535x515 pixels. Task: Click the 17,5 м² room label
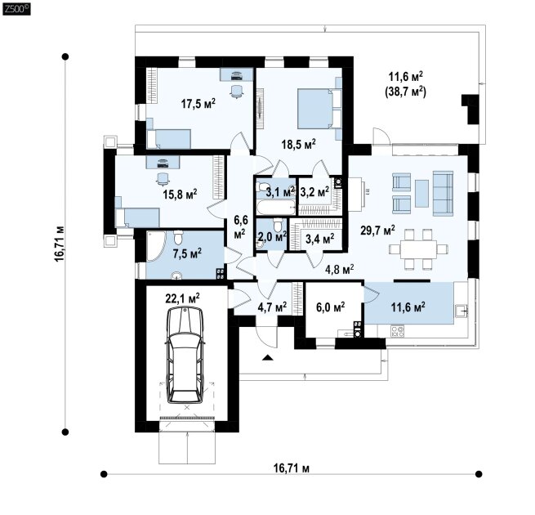coord(198,104)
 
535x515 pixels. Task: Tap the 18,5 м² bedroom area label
coord(298,142)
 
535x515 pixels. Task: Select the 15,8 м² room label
coord(180,194)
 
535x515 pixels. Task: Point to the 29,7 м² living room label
coord(377,230)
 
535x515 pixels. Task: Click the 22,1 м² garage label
coord(183,299)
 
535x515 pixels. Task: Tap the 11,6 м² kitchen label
coord(408,307)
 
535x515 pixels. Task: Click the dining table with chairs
coord(419,248)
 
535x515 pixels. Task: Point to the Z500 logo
coord(16,8)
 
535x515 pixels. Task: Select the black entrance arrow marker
coord(267,358)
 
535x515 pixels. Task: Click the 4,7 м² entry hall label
coord(271,307)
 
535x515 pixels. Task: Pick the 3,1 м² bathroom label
coord(280,192)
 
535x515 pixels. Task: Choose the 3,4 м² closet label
coord(319,239)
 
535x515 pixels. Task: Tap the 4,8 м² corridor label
coord(339,268)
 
